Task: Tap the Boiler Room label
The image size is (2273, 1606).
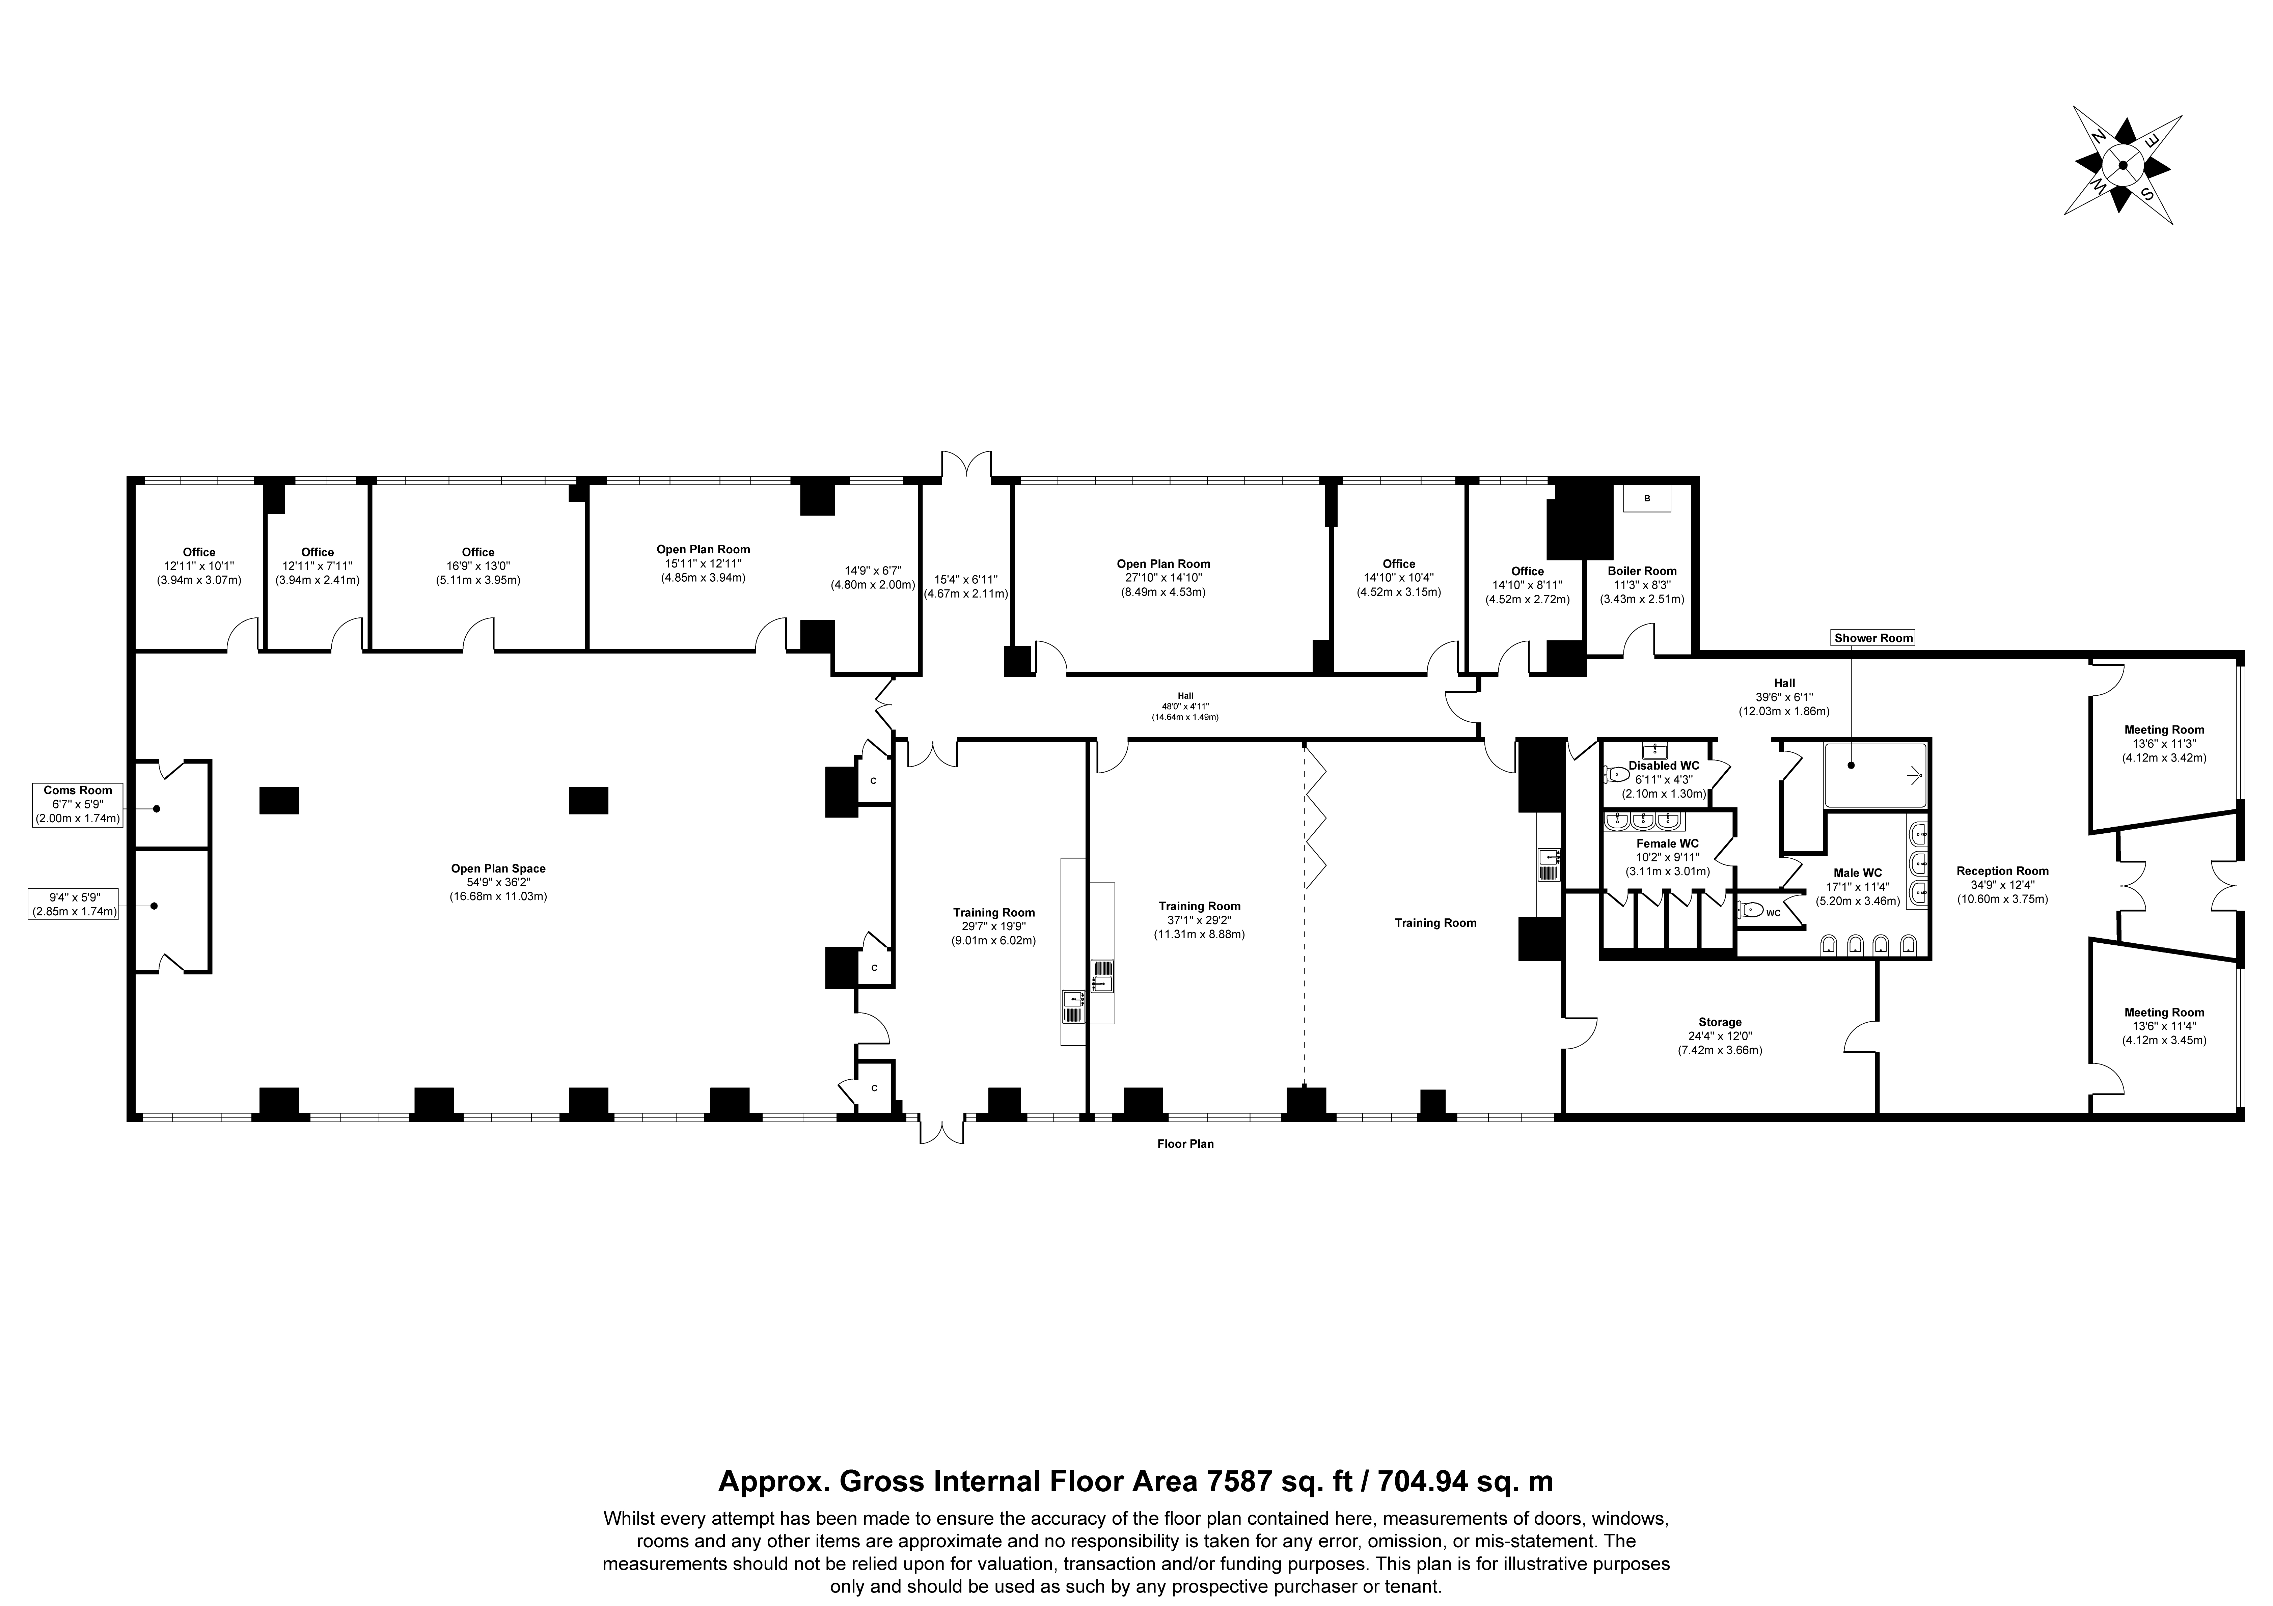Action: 1641,571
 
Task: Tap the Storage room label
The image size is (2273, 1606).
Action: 1720,1022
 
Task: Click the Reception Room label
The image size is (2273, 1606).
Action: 2002,871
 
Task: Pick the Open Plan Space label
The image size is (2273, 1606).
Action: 498,868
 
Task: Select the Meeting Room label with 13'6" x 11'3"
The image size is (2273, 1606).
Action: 2163,730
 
